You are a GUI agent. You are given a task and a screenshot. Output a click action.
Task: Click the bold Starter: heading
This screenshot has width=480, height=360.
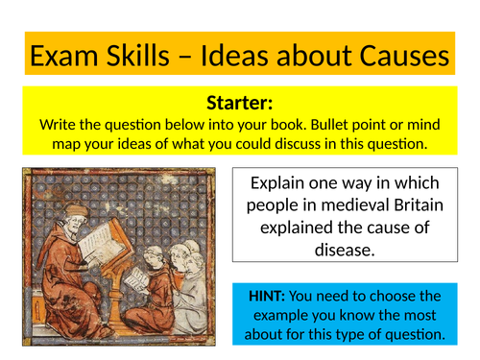point(240,104)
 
